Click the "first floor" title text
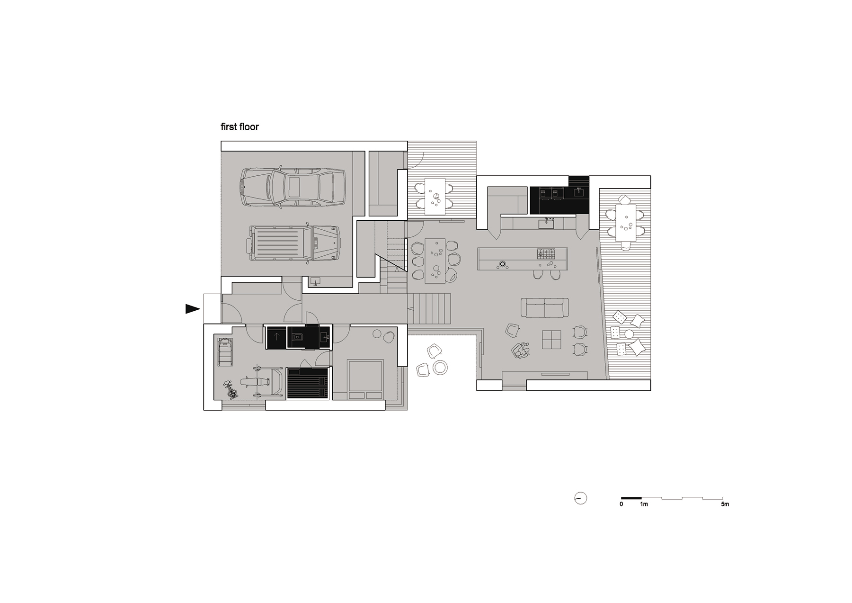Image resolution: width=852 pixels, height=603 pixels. tap(240, 127)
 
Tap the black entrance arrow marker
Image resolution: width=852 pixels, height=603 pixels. tap(193, 309)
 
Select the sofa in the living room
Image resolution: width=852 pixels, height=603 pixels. tap(545, 307)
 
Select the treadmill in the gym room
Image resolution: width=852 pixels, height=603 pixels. tap(225, 350)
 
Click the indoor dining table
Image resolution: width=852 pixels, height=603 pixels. tap(435, 261)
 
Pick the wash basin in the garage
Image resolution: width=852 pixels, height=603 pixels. tap(316, 281)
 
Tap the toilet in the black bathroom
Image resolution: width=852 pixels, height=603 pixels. tap(299, 338)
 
